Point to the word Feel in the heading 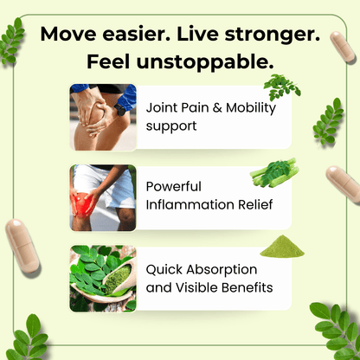(112, 62)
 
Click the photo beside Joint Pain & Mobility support (103, 118)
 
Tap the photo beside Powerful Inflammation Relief (103, 198)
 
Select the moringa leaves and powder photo (103, 279)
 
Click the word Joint (161, 109)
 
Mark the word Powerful (174, 186)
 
